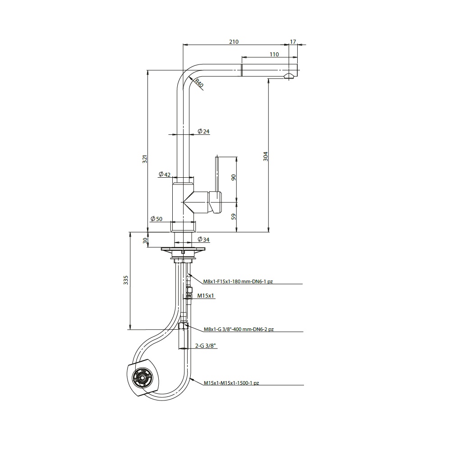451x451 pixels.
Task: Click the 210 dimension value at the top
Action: coord(234,41)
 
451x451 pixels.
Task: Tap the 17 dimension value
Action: coord(293,41)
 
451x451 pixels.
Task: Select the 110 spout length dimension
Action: coord(274,55)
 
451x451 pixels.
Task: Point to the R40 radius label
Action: coord(199,83)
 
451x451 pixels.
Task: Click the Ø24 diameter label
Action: coord(204,131)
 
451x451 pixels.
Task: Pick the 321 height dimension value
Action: coord(145,159)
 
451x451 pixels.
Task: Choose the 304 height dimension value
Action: coord(266,156)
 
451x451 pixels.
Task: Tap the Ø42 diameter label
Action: coord(165,174)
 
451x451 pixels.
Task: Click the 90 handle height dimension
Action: coord(234,177)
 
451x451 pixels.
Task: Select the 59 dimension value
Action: coord(234,216)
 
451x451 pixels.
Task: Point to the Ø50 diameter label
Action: coord(156,219)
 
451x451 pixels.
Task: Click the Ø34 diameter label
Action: coord(204,239)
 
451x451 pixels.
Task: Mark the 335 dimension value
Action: coord(126,280)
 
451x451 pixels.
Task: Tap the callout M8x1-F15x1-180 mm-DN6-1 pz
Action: coord(238,281)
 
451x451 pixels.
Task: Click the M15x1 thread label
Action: coord(206,296)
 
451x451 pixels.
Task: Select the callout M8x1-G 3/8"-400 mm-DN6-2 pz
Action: coord(239,329)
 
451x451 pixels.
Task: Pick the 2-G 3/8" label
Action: coord(205,346)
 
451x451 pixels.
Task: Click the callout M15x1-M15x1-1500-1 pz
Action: coord(231,383)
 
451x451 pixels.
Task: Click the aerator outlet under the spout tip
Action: coord(289,76)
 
